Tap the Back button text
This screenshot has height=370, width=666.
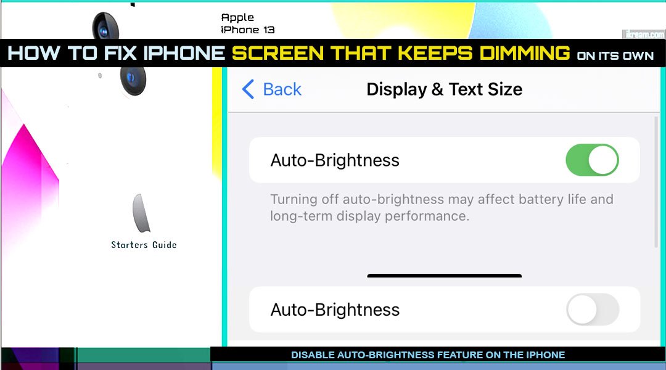[282, 89]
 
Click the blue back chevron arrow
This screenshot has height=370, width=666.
[248, 89]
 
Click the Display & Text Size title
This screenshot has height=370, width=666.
[444, 89]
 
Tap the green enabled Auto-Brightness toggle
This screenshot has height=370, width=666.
[592, 160]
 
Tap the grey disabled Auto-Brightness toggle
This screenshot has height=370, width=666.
[592, 310]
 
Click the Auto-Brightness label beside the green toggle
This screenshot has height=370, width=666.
[335, 160]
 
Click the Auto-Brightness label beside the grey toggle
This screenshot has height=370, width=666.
[335, 310]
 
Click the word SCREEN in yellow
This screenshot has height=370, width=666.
[278, 54]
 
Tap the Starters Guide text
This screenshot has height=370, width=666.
[144, 245]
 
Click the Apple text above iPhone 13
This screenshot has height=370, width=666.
[237, 17]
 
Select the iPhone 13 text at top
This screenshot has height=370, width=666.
[248, 30]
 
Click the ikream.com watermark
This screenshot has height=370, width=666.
[643, 34]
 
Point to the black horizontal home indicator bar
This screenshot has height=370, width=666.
[444, 276]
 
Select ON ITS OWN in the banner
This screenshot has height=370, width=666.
[615, 55]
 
